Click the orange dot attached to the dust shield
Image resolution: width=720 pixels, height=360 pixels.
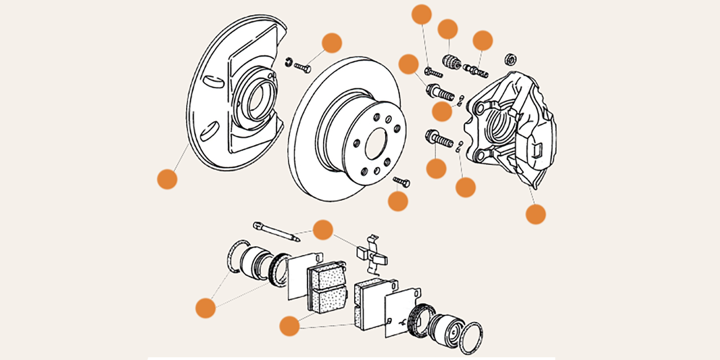coord(167,179)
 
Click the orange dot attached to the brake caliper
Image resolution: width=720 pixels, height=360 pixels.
coord(535,214)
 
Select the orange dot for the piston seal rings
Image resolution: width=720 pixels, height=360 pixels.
coord(206,308)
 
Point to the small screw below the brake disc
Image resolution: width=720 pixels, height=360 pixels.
coord(401,181)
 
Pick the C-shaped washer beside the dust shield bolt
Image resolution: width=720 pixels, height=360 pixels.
coord(289,62)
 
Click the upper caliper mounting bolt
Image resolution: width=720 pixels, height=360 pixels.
coord(439,92)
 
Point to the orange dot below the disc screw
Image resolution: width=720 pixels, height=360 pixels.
coord(398,201)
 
